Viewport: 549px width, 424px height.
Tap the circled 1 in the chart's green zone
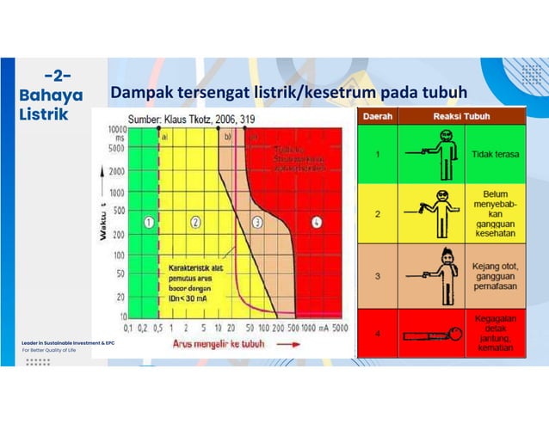point(148,222)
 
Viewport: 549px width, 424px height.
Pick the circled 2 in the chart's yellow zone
point(195,222)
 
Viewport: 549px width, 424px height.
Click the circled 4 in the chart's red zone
point(318,222)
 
